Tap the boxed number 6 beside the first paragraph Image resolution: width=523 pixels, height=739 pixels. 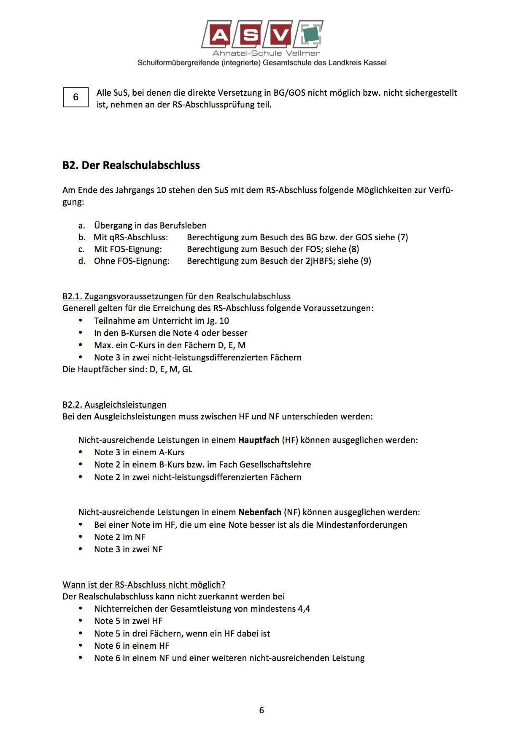click(x=76, y=97)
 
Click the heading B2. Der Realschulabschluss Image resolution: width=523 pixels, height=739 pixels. click(x=131, y=165)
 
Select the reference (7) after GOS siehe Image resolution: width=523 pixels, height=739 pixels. click(x=403, y=237)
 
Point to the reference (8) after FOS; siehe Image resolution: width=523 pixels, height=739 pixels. click(x=354, y=249)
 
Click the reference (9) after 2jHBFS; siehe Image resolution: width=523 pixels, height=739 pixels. click(x=366, y=261)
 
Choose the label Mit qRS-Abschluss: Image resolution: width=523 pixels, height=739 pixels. click(x=131, y=237)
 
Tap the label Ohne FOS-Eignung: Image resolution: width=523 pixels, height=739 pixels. click(x=132, y=261)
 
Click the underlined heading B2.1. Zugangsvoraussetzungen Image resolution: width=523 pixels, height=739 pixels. click(x=176, y=296)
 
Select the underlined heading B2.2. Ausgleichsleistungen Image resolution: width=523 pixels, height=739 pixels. click(x=114, y=405)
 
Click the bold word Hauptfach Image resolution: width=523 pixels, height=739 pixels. click(x=259, y=440)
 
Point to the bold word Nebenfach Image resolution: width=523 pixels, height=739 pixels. click(x=260, y=512)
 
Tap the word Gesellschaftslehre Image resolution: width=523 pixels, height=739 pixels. click(x=275, y=465)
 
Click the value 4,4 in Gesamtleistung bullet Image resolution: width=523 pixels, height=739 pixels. click(x=304, y=609)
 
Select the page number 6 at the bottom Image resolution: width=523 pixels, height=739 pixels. click(x=261, y=710)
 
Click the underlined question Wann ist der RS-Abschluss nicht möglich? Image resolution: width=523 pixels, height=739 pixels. click(x=144, y=585)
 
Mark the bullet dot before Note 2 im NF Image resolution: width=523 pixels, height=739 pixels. click(x=81, y=537)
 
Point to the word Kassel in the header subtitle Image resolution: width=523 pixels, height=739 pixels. click(x=375, y=63)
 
